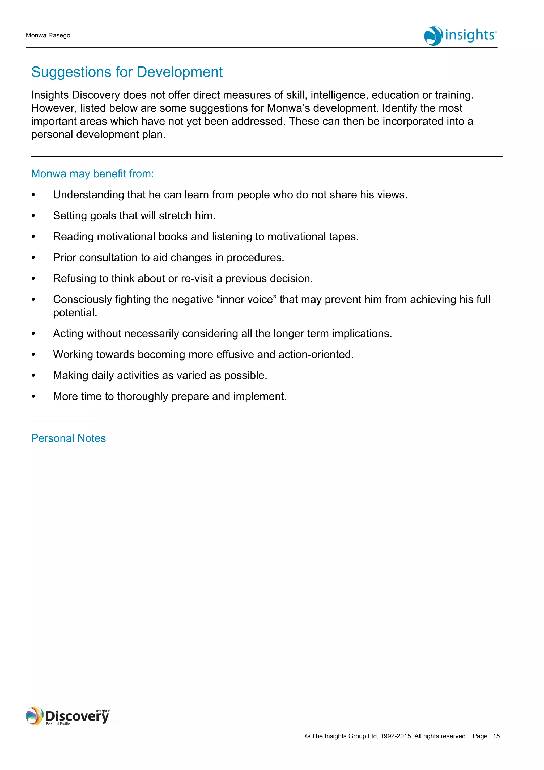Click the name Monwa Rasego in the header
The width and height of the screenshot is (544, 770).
click(48, 36)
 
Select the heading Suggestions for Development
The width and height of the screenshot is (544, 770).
click(127, 72)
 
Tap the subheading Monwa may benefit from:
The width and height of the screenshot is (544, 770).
click(92, 174)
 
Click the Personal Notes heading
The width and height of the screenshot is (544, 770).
click(68, 438)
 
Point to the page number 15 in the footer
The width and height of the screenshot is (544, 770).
click(496, 736)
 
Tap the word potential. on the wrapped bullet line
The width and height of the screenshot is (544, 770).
click(75, 313)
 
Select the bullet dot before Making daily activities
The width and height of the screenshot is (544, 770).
click(33, 376)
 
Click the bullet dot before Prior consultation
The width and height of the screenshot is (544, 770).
click(33, 258)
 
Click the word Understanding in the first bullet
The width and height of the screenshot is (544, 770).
click(88, 195)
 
